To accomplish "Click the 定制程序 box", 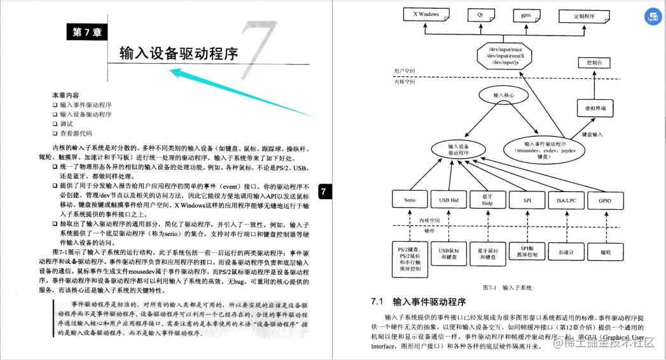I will [584, 14].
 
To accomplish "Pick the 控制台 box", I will [593, 63].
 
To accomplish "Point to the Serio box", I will [410, 200].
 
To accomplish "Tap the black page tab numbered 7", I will [323, 191].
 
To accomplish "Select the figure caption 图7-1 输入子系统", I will [506, 287].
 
